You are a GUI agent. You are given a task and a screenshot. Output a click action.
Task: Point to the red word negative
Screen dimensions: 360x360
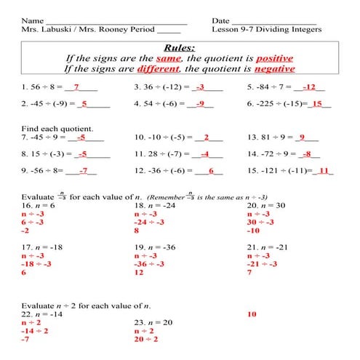[274, 69]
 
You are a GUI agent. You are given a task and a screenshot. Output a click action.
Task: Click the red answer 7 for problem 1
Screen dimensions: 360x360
[76, 87]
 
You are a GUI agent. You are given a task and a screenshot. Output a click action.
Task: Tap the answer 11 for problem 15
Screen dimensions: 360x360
[324, 172]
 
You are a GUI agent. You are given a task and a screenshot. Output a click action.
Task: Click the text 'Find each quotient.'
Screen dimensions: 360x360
[53, 128]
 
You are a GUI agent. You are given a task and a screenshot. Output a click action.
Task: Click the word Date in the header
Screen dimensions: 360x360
[221, 20]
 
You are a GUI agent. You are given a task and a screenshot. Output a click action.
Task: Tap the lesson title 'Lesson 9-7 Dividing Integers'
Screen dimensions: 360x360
[266, 31]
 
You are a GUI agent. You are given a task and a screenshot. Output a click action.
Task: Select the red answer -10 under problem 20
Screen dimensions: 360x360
[254, 231]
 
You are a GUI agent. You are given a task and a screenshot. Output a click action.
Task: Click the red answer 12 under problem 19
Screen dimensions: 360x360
[140, 273]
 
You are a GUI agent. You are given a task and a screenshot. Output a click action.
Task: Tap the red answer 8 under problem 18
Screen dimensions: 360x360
[137, 231]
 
